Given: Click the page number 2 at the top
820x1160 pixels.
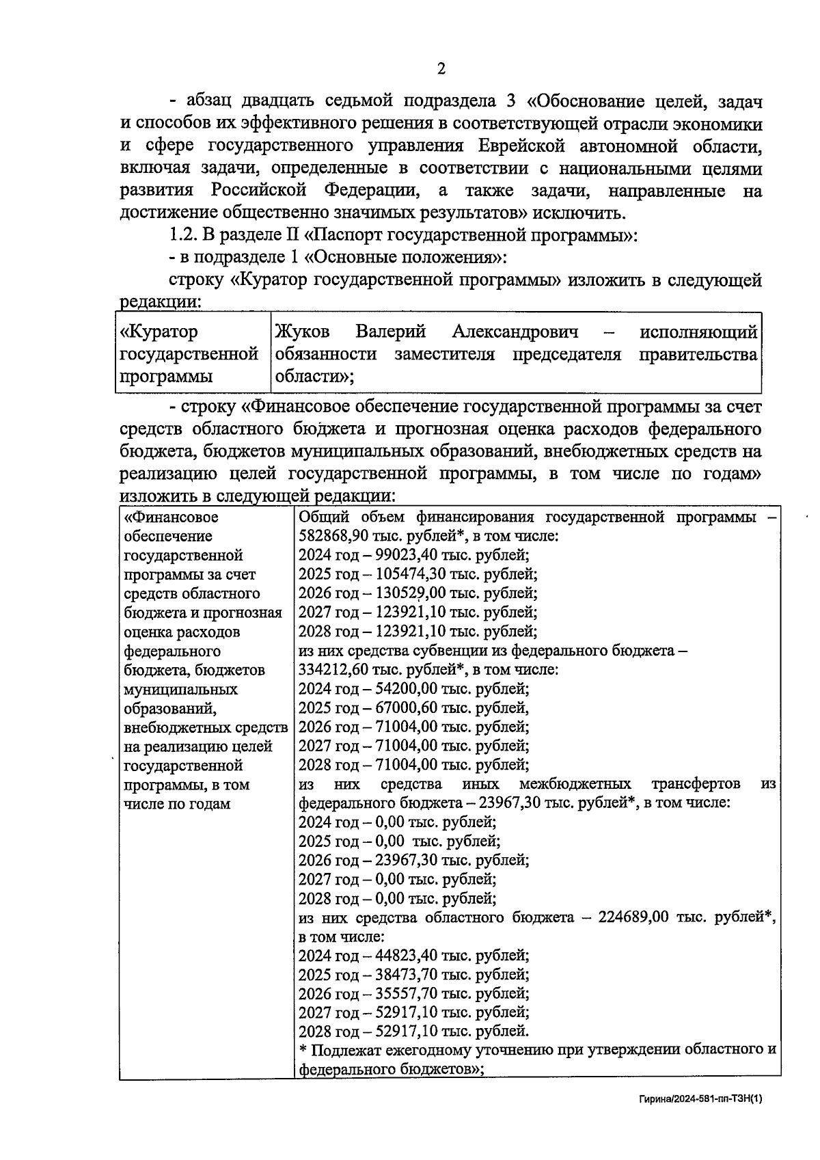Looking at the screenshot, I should point(441,68).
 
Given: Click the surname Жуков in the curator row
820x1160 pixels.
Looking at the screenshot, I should point(302,332).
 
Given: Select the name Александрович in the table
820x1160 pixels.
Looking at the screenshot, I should point(515,332).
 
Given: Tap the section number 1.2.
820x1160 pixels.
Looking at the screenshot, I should point(182,236).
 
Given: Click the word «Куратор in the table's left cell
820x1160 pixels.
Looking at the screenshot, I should point(159,332).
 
